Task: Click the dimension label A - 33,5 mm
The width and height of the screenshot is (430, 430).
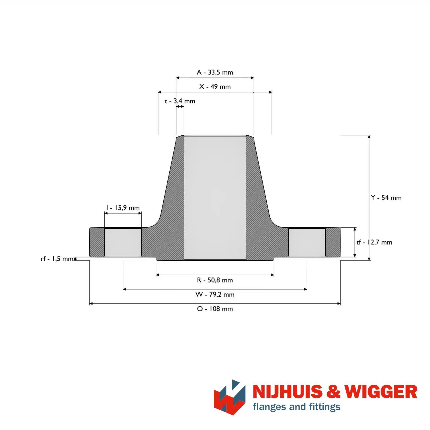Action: click(215, 72)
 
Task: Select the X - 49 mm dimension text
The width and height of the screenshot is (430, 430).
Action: click(215, 87)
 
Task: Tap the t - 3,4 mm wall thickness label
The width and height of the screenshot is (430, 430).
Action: click(180, 101)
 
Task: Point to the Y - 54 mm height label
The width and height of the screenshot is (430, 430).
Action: click(386, 198)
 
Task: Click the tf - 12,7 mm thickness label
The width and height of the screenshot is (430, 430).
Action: click(374, 242)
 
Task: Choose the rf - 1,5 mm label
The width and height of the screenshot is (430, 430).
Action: click(57, 259)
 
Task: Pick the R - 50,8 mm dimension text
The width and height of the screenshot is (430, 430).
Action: click(215, 280)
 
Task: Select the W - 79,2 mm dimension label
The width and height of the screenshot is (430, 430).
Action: click(215, 294)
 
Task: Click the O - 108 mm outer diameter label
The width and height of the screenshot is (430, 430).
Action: click(215, 309)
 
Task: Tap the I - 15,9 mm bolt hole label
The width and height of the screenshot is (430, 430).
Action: click(123, 208)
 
